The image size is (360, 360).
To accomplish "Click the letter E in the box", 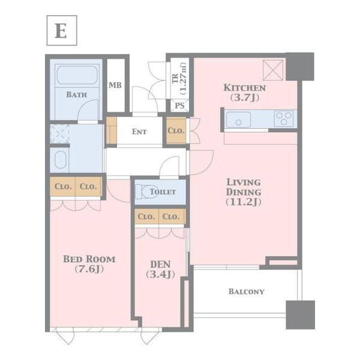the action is point(61,31).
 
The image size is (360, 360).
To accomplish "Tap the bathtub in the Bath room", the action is point(77,75).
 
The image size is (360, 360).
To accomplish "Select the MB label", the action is point(115,85).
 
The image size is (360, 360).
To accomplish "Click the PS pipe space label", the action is point(179,106).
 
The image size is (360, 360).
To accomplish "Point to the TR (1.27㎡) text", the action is point(179,79).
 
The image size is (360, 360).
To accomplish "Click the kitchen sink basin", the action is point(238,119).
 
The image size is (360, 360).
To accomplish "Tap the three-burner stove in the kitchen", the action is point(284,119).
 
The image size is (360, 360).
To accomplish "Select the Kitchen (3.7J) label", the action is point(245,92).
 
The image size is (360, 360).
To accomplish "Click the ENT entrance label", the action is point(139,131).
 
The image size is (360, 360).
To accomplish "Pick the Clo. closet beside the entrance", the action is point(176,131).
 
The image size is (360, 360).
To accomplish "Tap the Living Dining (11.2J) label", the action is point(244,192).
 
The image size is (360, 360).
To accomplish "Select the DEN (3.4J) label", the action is point(160,269).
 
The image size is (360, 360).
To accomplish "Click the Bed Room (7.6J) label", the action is point(89,264).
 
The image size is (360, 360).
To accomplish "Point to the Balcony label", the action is point(247,292).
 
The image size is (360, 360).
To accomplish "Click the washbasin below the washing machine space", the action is point(61,160).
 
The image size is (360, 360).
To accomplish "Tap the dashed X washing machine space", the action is point(59,133).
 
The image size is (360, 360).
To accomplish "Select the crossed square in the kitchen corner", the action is point(273,70).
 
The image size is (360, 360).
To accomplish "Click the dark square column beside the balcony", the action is point(301,315).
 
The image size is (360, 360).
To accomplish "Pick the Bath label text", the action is point(76,95).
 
